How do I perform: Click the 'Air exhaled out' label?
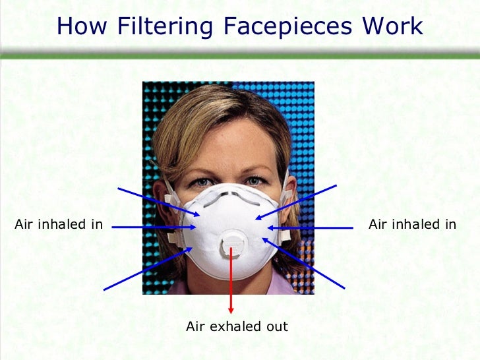click(237, 326)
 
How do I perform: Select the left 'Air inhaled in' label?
click(59, 225)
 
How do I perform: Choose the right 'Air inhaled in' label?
click(412, 225)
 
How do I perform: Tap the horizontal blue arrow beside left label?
click(154, 227)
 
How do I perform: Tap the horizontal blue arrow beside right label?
click(309, 227)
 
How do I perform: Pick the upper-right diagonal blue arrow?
click(296, 201)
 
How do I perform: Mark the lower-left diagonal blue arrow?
click(148, 268)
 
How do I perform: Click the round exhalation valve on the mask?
click(232, 245)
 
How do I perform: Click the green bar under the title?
click(240, 55)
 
